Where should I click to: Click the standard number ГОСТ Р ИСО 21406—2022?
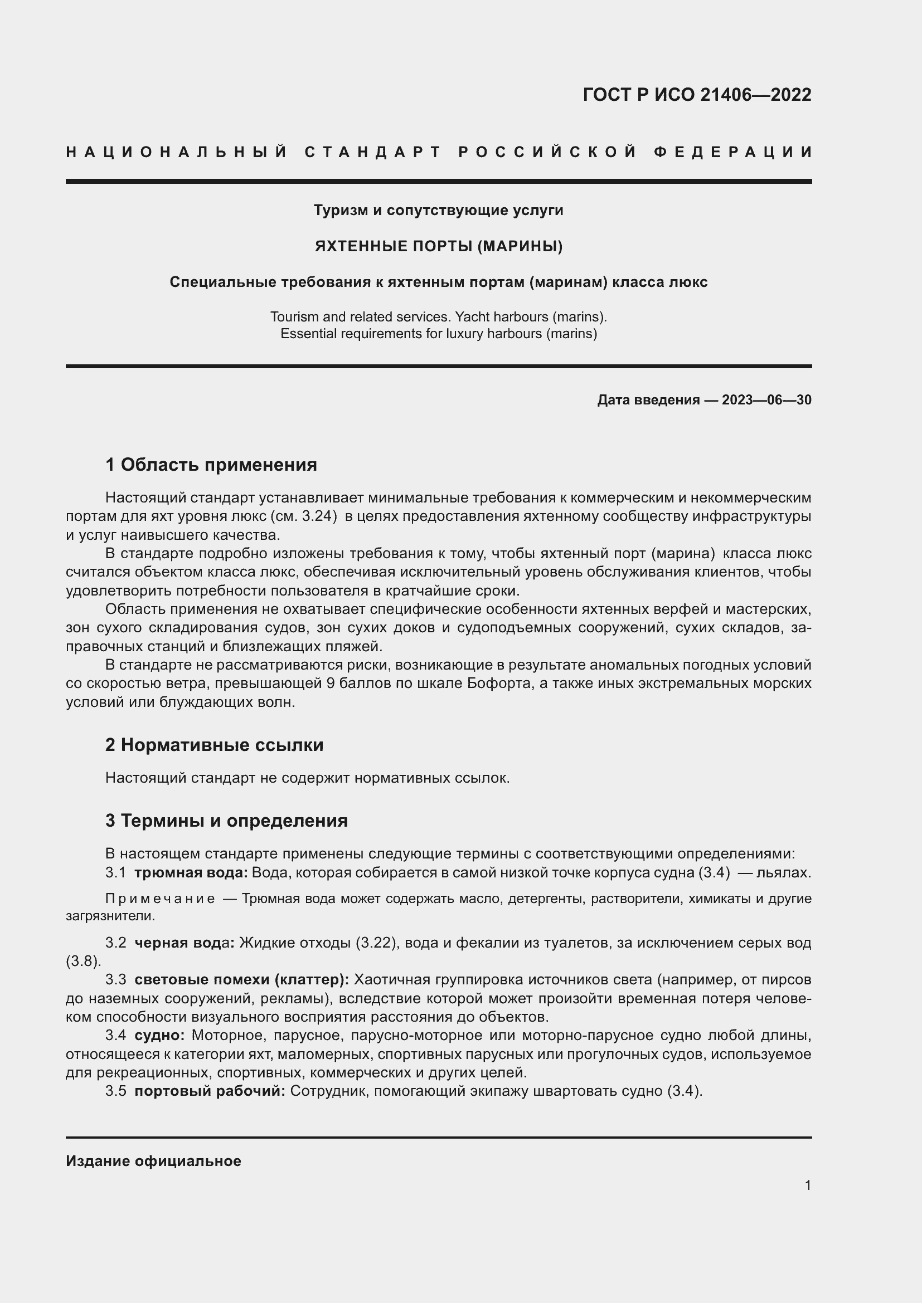point(697,94)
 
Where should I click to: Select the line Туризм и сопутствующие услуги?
point(438,211)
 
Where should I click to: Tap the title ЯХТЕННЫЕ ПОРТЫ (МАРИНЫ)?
point(438,246)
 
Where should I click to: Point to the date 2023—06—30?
point(766,400)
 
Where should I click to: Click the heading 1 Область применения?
point(211,465)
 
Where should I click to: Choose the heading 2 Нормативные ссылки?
point(214,745)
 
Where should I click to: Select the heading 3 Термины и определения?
point(226,821)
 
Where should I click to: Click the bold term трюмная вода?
point(191,873)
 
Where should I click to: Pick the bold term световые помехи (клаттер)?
point(242,979)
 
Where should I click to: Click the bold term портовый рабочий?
point(210,1091)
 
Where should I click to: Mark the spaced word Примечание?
point(160,899)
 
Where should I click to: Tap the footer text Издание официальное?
point(153,1161)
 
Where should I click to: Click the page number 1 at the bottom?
point(807,1185)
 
